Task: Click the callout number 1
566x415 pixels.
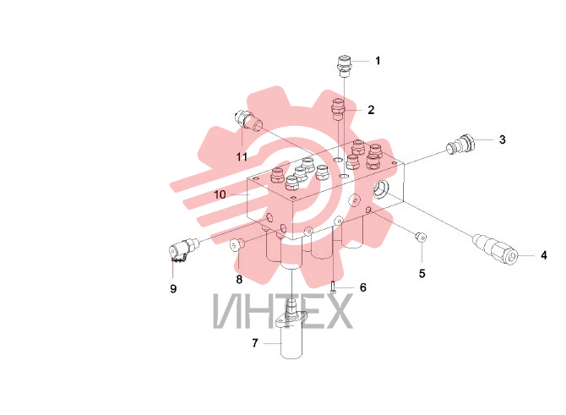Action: pos(378,61)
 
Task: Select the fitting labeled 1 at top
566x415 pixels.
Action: pos(345,66)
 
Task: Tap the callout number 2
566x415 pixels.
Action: pos(371,110)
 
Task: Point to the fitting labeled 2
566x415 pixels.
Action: pos(339,109)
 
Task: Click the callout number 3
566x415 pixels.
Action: pos(502,139)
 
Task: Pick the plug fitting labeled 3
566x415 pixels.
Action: pos(461,144)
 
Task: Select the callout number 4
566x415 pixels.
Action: pos(544,256)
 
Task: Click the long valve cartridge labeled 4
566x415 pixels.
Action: pos(495,249)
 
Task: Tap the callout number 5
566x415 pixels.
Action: pos(422,274)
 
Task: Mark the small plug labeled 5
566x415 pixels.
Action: pos(421,237)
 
